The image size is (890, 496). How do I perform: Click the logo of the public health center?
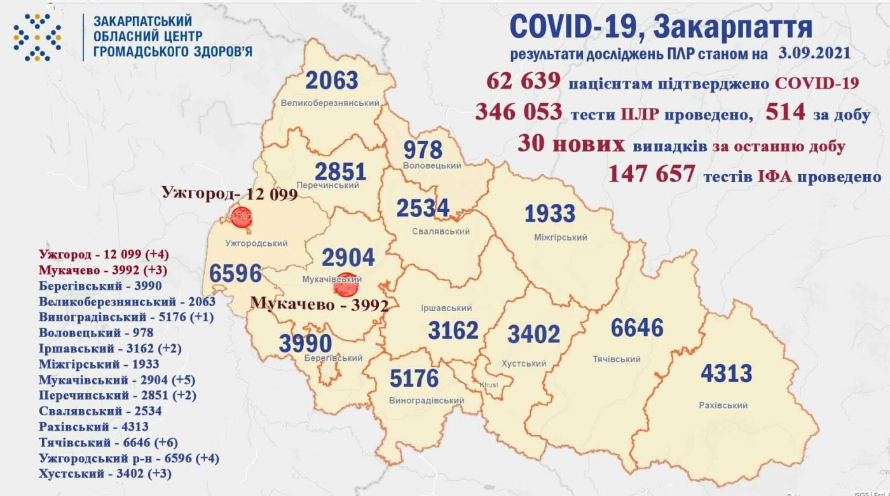38,37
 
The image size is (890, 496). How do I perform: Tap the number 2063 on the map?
332,81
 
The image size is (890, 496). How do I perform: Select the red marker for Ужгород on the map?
241,218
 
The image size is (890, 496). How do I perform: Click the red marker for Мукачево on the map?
345,285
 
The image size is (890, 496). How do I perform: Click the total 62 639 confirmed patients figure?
523,82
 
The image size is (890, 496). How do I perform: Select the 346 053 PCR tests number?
519,112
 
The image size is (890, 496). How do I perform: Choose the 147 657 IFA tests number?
652,174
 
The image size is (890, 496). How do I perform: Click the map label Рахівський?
723,405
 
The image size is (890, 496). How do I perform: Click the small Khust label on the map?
489,385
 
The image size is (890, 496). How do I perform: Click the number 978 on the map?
423,150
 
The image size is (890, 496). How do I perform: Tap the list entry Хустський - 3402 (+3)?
105,474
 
